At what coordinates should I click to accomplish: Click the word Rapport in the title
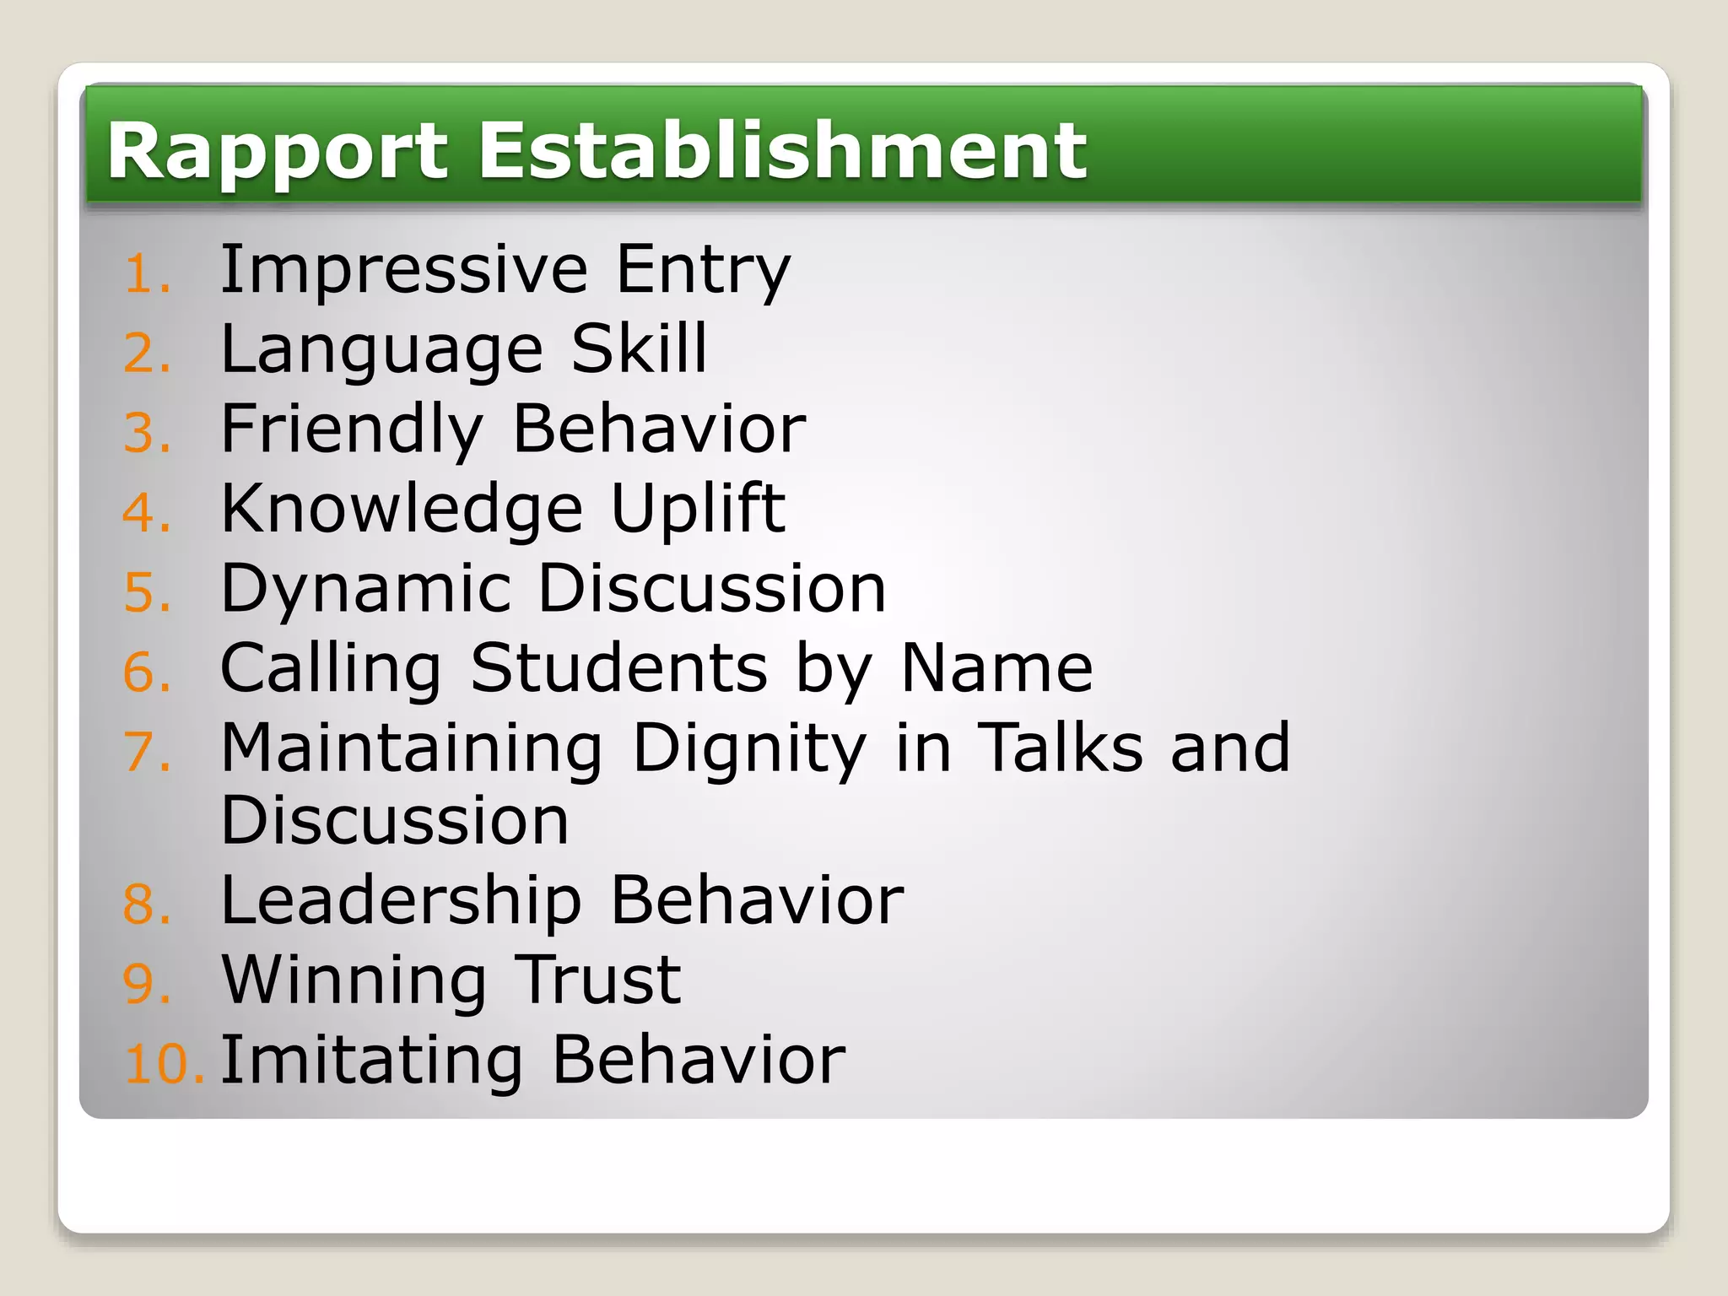(277, 152)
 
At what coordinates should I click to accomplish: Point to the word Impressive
(403, 270)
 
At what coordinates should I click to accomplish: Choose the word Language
(381, 350)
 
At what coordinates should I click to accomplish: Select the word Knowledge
(402, 510)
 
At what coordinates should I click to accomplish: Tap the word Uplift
(698, 510)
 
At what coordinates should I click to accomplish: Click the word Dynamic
(365, 590)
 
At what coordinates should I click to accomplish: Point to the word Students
(618, 668)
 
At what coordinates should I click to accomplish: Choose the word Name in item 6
(996, 668)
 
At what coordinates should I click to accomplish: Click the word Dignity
(749, 749)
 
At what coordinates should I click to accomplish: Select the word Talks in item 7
(1060, 748)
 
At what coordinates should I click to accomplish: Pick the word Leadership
(401, 901)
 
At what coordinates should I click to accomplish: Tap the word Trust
(597, 980)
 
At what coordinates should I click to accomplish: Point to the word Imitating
(371, 1061)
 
